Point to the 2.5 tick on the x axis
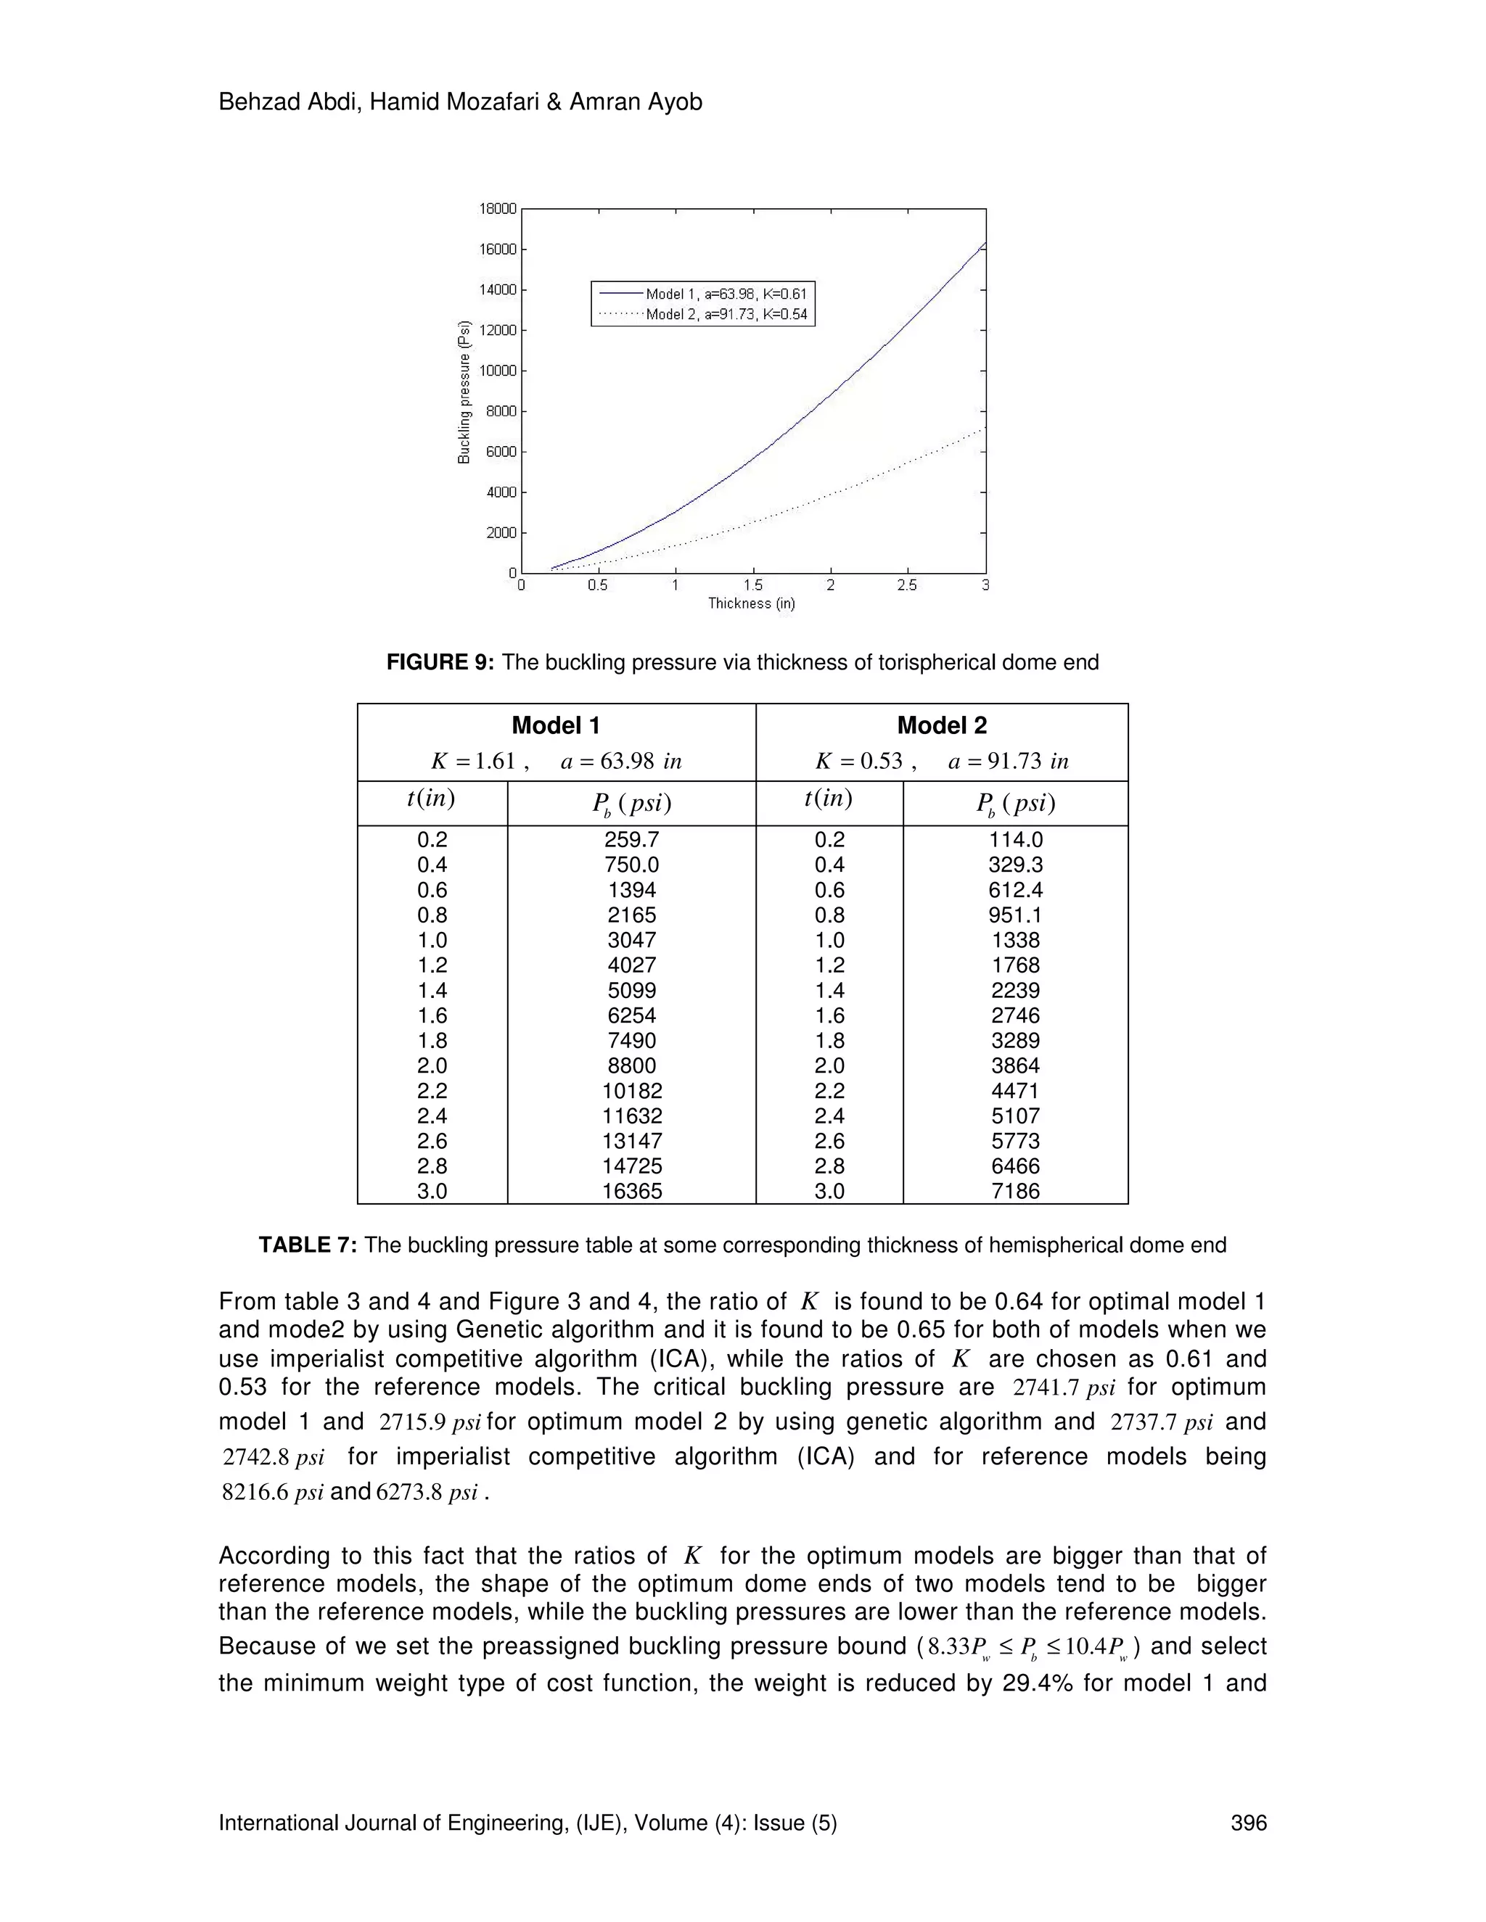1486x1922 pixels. tap(907, 585)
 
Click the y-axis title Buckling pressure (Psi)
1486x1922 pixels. tap(464, 392)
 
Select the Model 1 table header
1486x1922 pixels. tap(556, 725)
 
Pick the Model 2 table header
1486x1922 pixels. tap(941, 725)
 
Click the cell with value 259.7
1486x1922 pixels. tap(631, 840)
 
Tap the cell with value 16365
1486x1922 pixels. tap(631, 1192)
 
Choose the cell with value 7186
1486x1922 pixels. tap(1015, 1192)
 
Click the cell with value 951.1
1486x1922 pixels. tap(1015, 915)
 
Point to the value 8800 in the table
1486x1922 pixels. tap(631, 1065)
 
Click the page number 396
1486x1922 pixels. tap(1248, 1823)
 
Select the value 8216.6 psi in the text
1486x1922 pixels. tap(273, 1493)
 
